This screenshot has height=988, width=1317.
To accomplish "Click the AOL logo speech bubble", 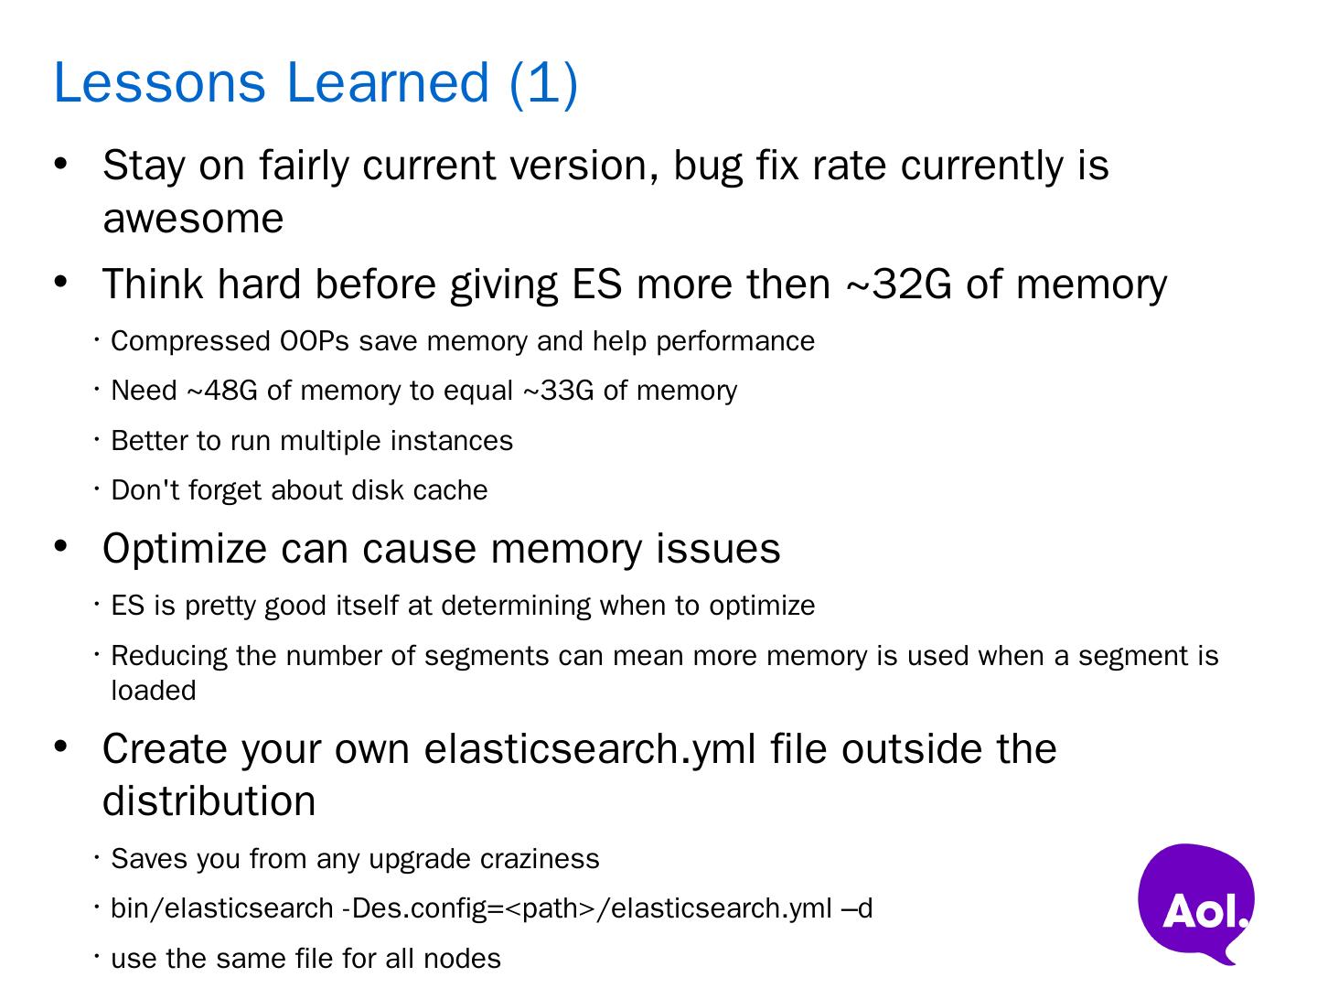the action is pyautogui.click(x=1195, y=902).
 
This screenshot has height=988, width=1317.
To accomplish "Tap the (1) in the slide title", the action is pyautogui.click(x=543, y=84).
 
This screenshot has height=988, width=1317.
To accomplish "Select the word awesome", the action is pyautogui.click(x=193, y=219).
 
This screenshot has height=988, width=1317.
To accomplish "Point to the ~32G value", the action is pyautogui.click(x=899, y=284).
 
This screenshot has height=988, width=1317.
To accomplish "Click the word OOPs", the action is pyautogui.click(x=315, y=341).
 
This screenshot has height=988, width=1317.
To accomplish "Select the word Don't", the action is pyautogui.click(x=145, y=489).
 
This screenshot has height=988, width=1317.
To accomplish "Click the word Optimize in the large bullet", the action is pyautogui.click(x=184, y=550).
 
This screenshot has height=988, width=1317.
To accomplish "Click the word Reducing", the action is pyautogui.click(x=169, y=656).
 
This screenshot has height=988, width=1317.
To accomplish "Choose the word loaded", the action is pyautogui.click(x=154, y=691).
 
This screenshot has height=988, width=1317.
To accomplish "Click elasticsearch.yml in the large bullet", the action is pyautogui.click(x=590, y=750).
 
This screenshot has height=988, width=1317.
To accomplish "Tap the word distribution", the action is pyautogui.click(x=209, y=800).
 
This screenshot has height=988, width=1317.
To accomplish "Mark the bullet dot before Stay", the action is pyautogui.click(x=60, y=165).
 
